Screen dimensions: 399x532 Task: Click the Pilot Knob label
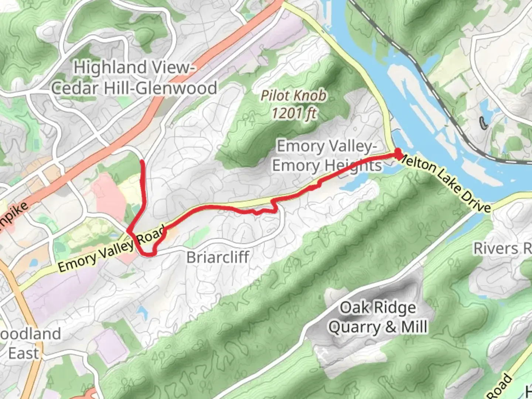[293, 96]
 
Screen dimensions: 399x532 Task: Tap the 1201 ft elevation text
[294, 113]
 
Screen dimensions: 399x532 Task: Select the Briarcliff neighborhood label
[218, 257]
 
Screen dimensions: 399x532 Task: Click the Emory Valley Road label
[111, 249]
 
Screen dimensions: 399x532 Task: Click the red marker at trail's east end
[398, 153]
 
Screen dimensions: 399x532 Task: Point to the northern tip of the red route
[143, 161]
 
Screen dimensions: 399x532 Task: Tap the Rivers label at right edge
[497, 249]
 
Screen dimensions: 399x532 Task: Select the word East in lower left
[23, 353]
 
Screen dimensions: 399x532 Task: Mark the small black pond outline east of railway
[483, 123]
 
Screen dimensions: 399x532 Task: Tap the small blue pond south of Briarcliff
[141, 312]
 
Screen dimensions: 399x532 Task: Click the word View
[172, 68]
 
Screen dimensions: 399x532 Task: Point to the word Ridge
[395, 307]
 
